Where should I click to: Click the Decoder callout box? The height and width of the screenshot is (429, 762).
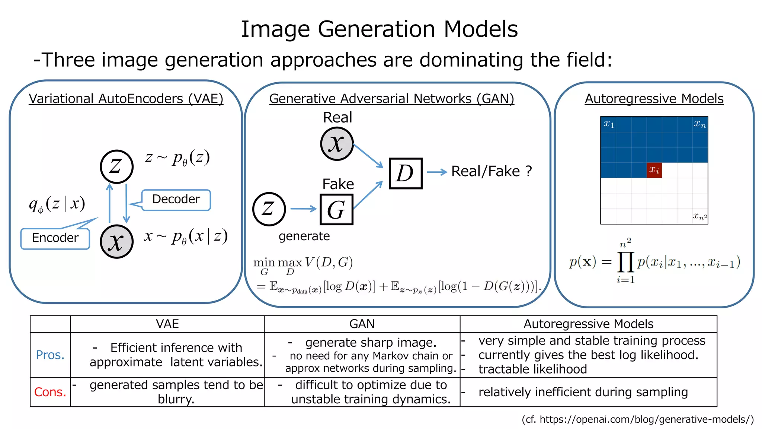click(x=176, y=200)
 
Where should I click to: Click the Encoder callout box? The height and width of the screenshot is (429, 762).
click(x=55, y=238)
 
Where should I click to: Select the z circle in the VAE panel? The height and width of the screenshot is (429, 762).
click(x=116, y=166)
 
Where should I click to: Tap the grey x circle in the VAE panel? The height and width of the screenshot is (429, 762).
click(x=116, y=242)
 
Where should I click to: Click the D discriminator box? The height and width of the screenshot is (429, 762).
click(x=405, y=174)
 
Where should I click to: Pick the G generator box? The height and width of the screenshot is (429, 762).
click(x=336, y=210)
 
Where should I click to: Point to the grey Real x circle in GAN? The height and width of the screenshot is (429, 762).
click(x=337, y=144)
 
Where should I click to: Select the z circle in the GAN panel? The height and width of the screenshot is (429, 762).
click(x=269, y=209)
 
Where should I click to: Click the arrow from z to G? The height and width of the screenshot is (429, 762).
click(x=303, y=209)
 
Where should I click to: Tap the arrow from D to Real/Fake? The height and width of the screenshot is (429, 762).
click(x=436, y=172)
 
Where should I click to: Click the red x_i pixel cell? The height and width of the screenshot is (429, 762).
click(x=654, y=170)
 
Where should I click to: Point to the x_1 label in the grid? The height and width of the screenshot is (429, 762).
click(x=609, y=124)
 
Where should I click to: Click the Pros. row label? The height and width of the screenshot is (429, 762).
click(x=50, y=355)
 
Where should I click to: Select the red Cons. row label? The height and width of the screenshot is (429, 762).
click(x=50, y=392)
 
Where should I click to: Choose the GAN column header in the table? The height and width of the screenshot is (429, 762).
click(x=362, y=324)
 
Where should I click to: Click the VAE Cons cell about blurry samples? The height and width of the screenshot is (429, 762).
click(x=176, y=392)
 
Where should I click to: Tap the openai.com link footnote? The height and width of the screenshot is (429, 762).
click(x=637, y=420)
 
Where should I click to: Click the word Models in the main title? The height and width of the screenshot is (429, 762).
click(x=480, y=29)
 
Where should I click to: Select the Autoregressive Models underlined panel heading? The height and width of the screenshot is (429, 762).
click(x=654, y=99)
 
